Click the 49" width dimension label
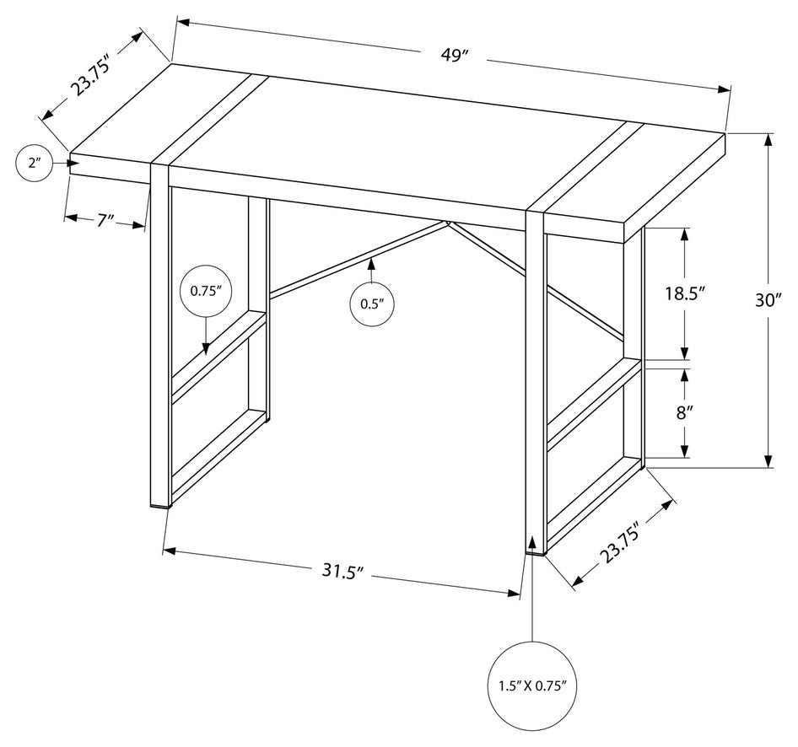[x=453, y=56]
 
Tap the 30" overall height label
[x=769, y=298]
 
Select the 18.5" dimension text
[x=684, y=293]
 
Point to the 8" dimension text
[x=684, y=412]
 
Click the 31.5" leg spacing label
[x=342, y=570]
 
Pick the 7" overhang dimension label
[x=105, y=220]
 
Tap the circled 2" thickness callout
[x=35, y=163]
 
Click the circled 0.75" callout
[x=205, y=291]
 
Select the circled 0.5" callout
[x=372, y=304]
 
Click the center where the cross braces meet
[x=448, y=223]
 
